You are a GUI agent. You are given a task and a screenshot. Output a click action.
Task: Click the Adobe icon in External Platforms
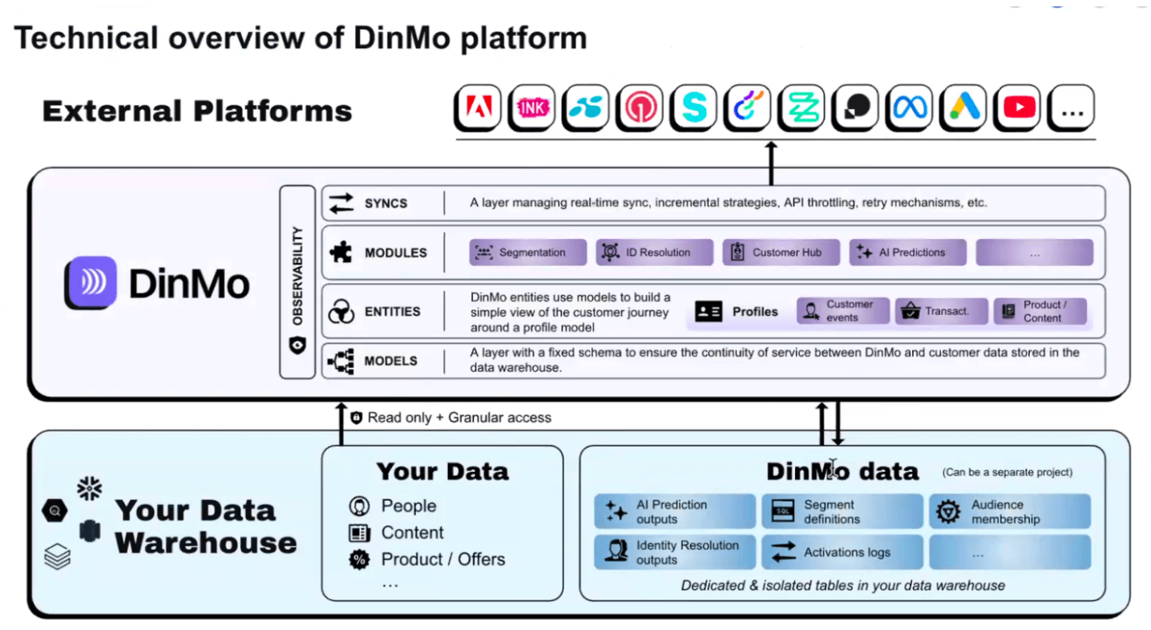point(478,107)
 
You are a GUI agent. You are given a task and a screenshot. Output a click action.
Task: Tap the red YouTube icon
point(1017,107)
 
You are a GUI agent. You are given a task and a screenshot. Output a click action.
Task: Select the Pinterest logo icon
point(640,107)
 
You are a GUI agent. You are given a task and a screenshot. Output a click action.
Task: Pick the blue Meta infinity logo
point(910,107)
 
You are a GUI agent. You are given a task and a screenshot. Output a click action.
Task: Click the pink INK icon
point(532,107)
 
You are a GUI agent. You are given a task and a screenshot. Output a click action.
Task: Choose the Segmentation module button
point(527,252)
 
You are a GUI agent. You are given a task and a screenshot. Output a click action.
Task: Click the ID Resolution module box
point(654,252)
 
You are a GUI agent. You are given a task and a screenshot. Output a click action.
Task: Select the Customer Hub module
point(781,252)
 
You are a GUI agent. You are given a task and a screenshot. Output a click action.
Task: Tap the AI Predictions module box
point(907,252)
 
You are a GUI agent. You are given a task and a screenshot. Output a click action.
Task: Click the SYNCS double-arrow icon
point(341,203)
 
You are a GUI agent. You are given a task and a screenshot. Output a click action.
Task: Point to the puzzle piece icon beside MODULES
point(341,252)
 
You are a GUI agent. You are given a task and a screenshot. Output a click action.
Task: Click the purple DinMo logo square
point(91,282)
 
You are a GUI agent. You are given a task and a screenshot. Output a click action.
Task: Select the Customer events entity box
point(842,311)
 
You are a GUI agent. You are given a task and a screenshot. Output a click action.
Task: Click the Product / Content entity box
point(1040,311)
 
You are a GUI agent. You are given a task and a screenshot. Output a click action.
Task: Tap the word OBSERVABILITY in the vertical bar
point(297,276)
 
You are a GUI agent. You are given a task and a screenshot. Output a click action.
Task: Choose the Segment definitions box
point(842,511)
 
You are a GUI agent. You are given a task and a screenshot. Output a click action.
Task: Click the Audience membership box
point(1010,511)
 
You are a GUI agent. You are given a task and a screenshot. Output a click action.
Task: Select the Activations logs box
point(842,552)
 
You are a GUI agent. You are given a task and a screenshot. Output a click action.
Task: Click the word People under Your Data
point(409,506)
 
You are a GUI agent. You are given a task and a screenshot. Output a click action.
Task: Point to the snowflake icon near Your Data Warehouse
point(90,488)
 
